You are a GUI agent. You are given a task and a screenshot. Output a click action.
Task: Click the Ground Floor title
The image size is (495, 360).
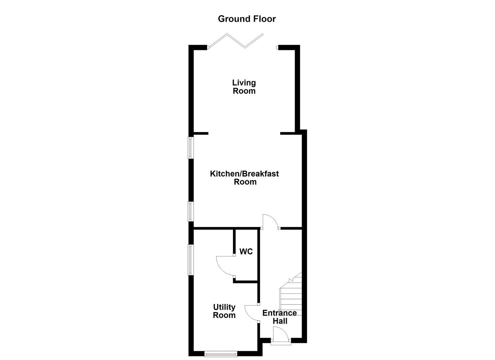click(x=247, y=19)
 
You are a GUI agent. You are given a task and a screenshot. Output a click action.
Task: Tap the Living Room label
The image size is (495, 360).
click(x=244, y=87)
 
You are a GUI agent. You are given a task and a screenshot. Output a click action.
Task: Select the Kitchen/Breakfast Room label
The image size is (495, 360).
click(x=244, y=178)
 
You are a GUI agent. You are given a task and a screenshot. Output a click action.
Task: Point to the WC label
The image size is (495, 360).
click(x=246, y=251)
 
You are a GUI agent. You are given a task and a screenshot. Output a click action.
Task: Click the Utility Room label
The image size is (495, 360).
click(x=224, y=311)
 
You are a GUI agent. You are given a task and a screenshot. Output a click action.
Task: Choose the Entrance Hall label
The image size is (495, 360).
click(x=279, y=317)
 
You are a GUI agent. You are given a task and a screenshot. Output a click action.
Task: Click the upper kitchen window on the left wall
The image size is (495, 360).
click(x=190, y=148)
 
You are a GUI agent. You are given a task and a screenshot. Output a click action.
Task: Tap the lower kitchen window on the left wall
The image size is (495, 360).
click(x=190, y=211)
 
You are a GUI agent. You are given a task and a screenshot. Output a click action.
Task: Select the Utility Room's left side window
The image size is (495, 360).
click(x=190, y=260)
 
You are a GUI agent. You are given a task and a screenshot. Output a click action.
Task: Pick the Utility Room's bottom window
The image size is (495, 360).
click(x=221, y=354)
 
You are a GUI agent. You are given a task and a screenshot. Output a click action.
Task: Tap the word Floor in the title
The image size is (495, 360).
click(x=265, y=19)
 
